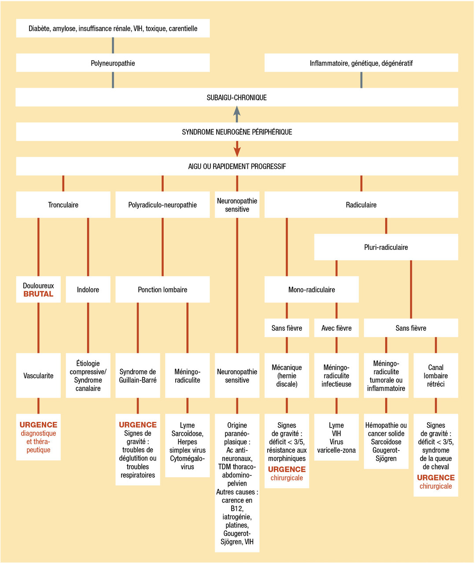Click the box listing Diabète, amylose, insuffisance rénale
(113, 29)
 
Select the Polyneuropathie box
(113, 63)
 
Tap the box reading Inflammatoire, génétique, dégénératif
(361, 63)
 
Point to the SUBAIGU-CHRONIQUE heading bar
(237, 98)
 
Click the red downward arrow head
(237, 152)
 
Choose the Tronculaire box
(63, 205)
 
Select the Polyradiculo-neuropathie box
(162, 205)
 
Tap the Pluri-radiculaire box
(386, 247)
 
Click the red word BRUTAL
(38, 294)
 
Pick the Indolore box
(88, 290)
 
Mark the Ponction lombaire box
(162, 290)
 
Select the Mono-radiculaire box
(311, 290)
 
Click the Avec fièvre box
(336, 328)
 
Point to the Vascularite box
(38, 376)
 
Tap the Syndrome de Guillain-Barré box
(138, 376)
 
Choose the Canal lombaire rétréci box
(435, 376)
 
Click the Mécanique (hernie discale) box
(287, 376)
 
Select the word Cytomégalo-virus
(188, 463)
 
